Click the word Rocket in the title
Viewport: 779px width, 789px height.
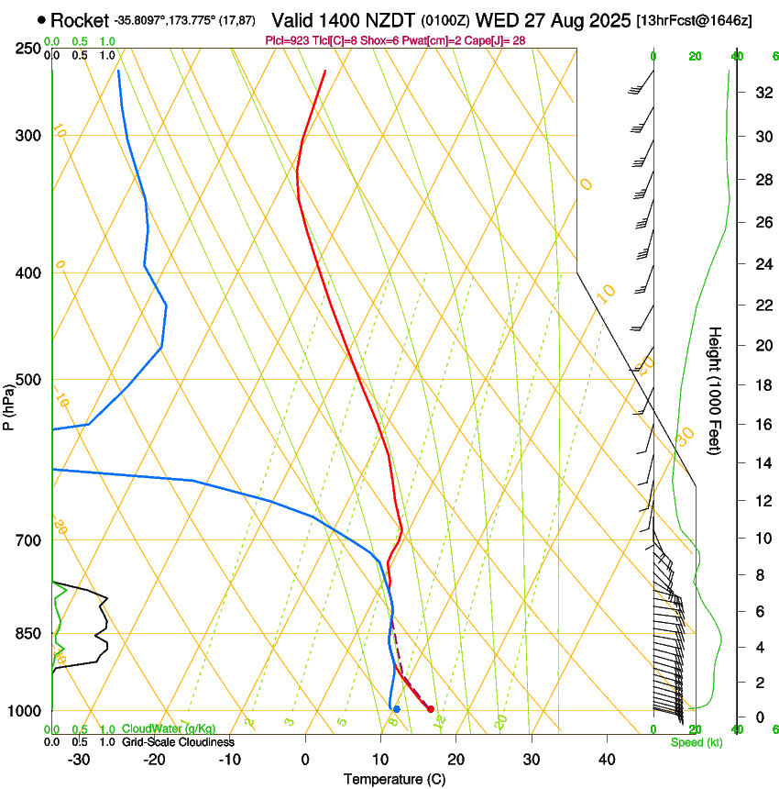click(80, 19)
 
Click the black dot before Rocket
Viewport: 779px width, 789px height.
click(42, 19)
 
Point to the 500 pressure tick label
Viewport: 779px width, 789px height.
click(27, 380)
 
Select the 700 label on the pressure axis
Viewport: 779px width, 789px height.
click(27, 540)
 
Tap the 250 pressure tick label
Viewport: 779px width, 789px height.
click(27, 49)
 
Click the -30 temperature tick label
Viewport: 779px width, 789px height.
click(79, 759)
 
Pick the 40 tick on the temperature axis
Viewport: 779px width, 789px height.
click(606, 759)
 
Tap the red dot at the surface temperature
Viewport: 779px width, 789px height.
click(431, 709)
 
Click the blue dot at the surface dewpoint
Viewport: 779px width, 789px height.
click(396, 709)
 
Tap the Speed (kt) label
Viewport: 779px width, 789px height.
click(697, 742)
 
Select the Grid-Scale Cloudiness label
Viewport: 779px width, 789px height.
click(179, 742)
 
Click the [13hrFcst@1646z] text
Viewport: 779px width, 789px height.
click(694, 19)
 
